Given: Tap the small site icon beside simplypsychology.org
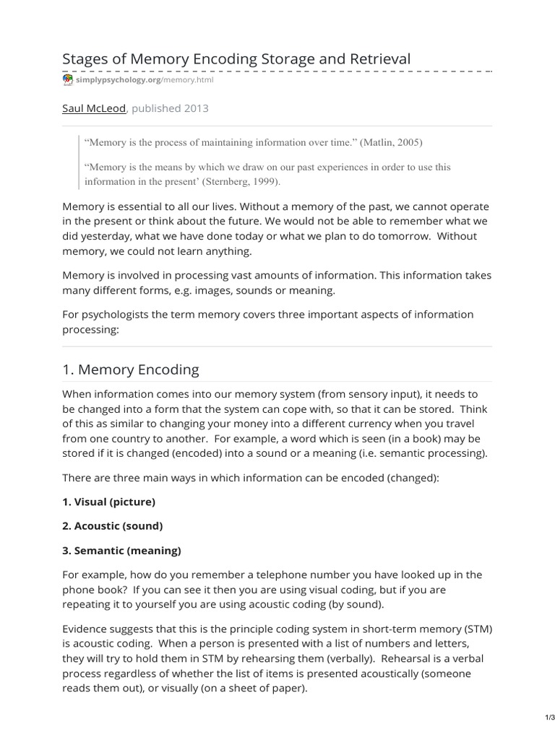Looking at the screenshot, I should click(68, 80).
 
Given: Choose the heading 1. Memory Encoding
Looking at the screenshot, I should click(130, 369).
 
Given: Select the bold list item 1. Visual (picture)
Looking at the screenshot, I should click(108, 501).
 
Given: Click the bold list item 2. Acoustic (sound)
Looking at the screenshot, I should click(112, 525).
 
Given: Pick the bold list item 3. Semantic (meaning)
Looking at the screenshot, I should click(121, 550).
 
